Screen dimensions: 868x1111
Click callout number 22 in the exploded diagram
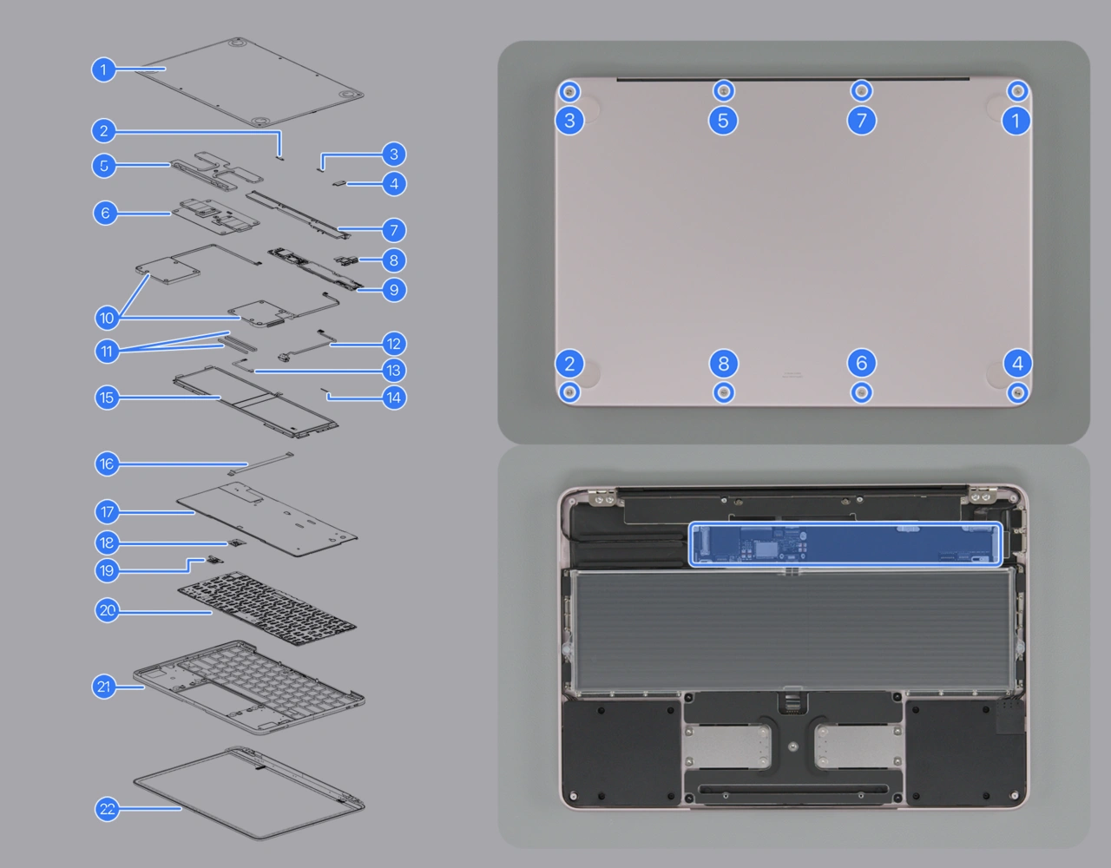tap(107, 809)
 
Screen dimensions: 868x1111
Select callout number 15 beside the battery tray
tap(107, 398)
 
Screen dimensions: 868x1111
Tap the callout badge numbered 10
tap(107, 318)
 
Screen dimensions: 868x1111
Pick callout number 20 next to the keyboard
tap(107, 610)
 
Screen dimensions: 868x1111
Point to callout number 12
tap(393, 344)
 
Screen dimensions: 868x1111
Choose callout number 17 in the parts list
tap(107, 512)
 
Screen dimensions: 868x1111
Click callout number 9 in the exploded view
tap(393, 289)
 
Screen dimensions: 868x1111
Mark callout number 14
tap(393, 398)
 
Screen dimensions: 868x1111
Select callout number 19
tap(107, 570)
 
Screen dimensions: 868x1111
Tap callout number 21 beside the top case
tap(104, 687)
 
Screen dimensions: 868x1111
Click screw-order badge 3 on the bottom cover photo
tap(569, 120)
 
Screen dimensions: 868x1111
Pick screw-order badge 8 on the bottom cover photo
tap(723, 363)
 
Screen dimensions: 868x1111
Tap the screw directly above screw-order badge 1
tap(1017, 90)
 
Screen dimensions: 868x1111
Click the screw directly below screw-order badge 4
tap(1017, 392)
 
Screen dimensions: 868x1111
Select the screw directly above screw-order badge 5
tap(723, 90)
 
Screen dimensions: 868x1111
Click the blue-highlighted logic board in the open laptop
tap(845, 544)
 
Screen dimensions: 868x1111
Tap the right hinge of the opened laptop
tap(983, 496)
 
